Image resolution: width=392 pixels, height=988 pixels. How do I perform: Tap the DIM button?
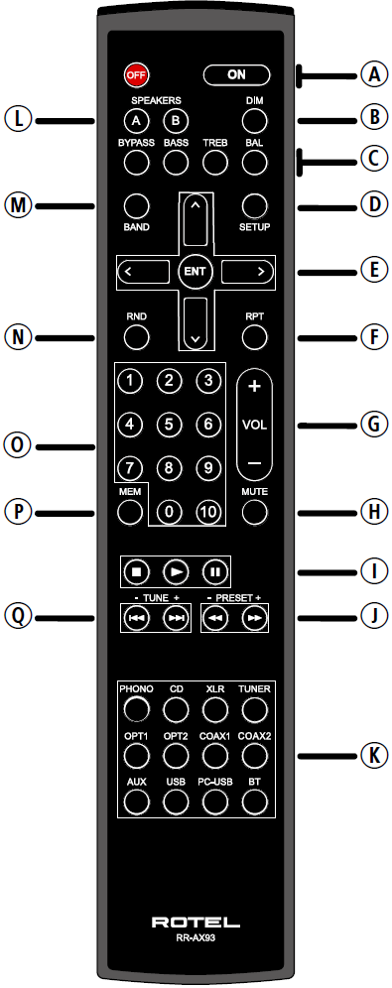tap(255, 121)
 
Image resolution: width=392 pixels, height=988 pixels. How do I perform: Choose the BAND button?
tap(136, 204)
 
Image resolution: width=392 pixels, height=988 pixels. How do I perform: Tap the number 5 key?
tap(170, 425)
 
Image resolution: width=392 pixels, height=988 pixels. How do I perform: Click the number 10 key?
tap(205, 512)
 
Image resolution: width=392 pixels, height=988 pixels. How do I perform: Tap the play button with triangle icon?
tap(176, 571)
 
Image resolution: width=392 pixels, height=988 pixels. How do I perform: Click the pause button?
tap(213, 571)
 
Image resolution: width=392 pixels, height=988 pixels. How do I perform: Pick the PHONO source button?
tap(136, 707)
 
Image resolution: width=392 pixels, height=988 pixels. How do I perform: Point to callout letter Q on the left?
tap(18, 616)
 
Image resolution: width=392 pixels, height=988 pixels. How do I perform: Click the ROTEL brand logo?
tap(195, 923)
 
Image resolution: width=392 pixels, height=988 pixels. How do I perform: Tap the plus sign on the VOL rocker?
tap(254, 387)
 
